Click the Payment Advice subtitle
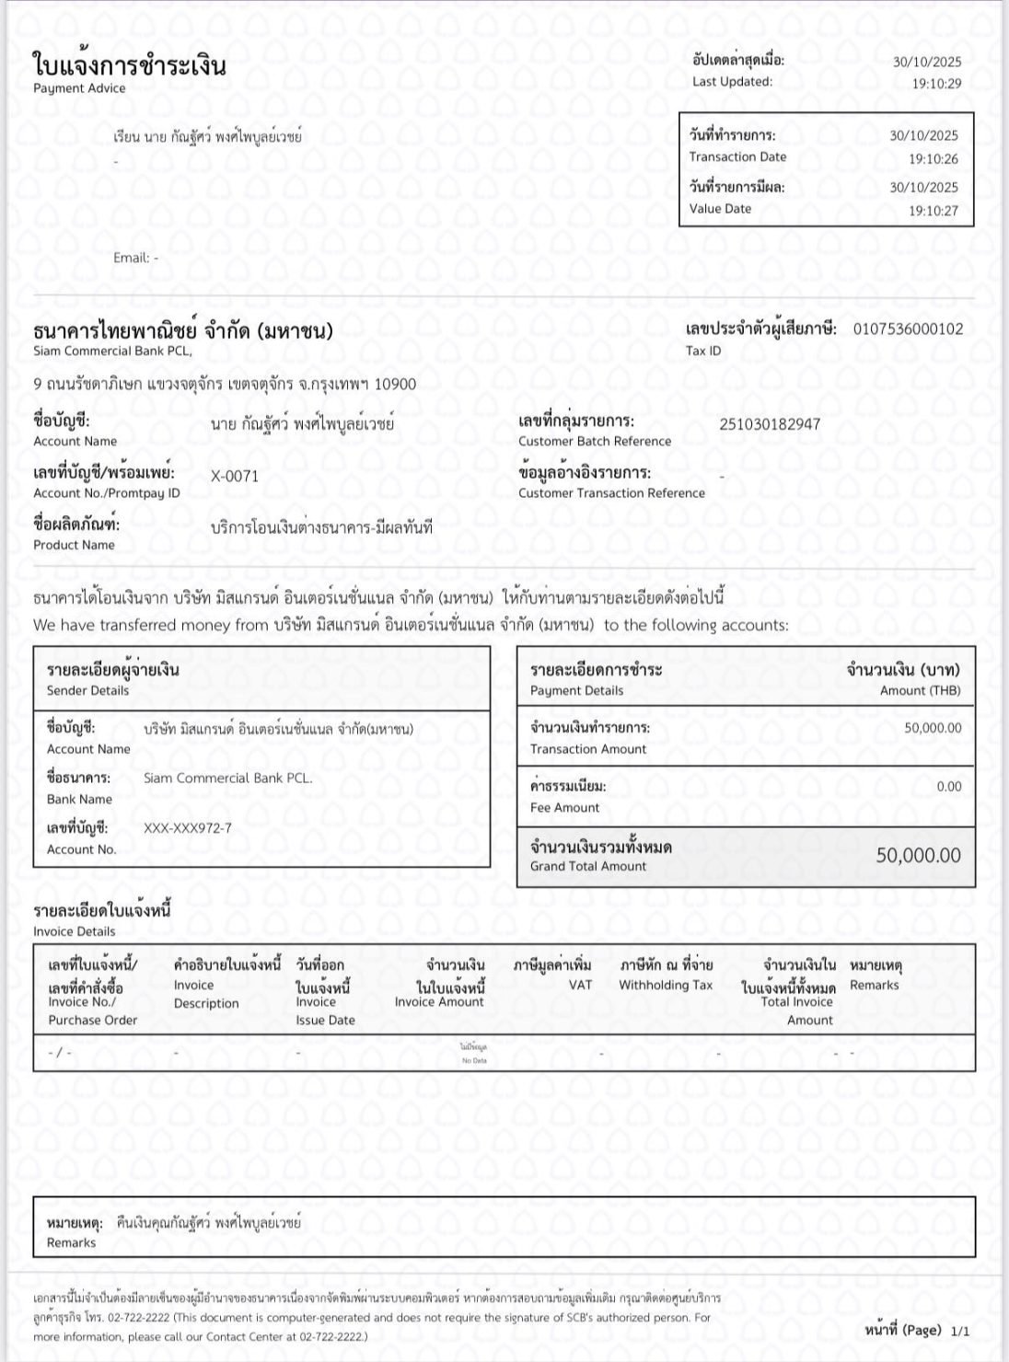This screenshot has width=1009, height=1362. point(79,88)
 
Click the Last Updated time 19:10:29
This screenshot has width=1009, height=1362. point(936,84)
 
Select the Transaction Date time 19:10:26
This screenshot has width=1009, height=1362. point(933,159)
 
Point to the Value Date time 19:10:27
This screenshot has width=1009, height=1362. point(933,211)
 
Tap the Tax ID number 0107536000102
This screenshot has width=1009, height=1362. point(908,329)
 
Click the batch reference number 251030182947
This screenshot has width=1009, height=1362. point(770,424)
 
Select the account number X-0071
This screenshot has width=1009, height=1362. point(235,476)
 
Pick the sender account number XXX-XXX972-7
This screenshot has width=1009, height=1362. point(188,828)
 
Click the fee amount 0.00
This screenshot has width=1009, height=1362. point(948,787)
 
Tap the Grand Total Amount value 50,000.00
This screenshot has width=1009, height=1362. point(918,856)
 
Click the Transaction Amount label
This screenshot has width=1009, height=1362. point(588,749)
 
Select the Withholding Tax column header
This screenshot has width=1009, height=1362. point(666,986)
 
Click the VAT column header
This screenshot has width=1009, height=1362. point(580,986)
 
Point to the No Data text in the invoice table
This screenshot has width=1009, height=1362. point(474,1061)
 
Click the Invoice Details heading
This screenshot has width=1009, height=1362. point(75,931)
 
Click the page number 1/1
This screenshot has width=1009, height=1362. point(960,1331)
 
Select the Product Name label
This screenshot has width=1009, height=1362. point(74,545)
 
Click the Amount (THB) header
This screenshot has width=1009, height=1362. point(920,690)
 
